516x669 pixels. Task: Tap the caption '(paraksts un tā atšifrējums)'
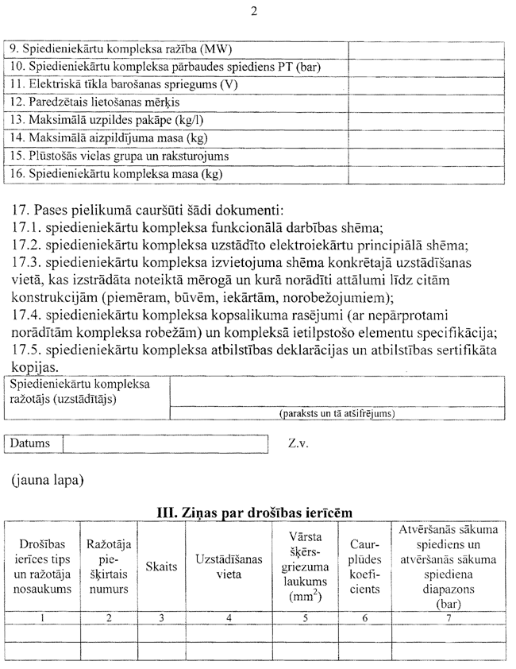pyautogui.click(x=337, y=414)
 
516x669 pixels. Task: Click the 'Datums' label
pyautogui.click(x=31, y=443)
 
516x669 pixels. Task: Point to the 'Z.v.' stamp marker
pyautogui.click(x=298, y=443)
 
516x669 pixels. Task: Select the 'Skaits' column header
pyautogui.click(x=162, y=566)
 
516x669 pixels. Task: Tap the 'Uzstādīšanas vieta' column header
pyautogui.click(x=229, y=566)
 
